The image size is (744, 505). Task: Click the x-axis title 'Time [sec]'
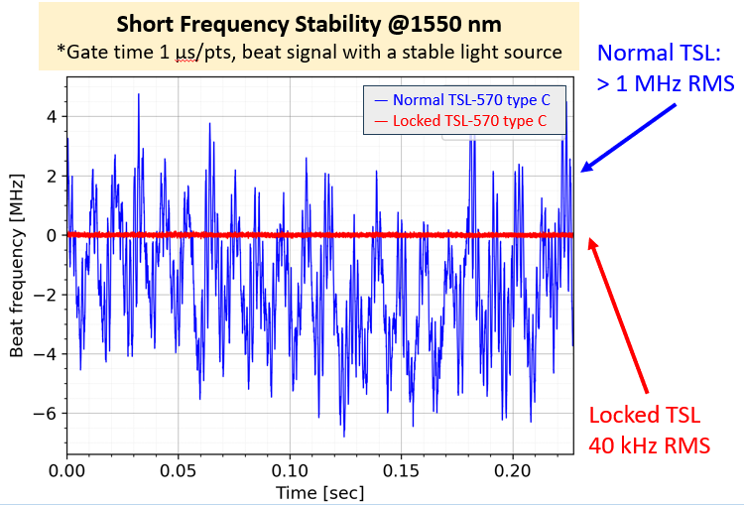tap(319, 491)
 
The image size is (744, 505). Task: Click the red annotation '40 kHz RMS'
tap(649, 444)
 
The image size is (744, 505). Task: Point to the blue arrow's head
tap(583, 171)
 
